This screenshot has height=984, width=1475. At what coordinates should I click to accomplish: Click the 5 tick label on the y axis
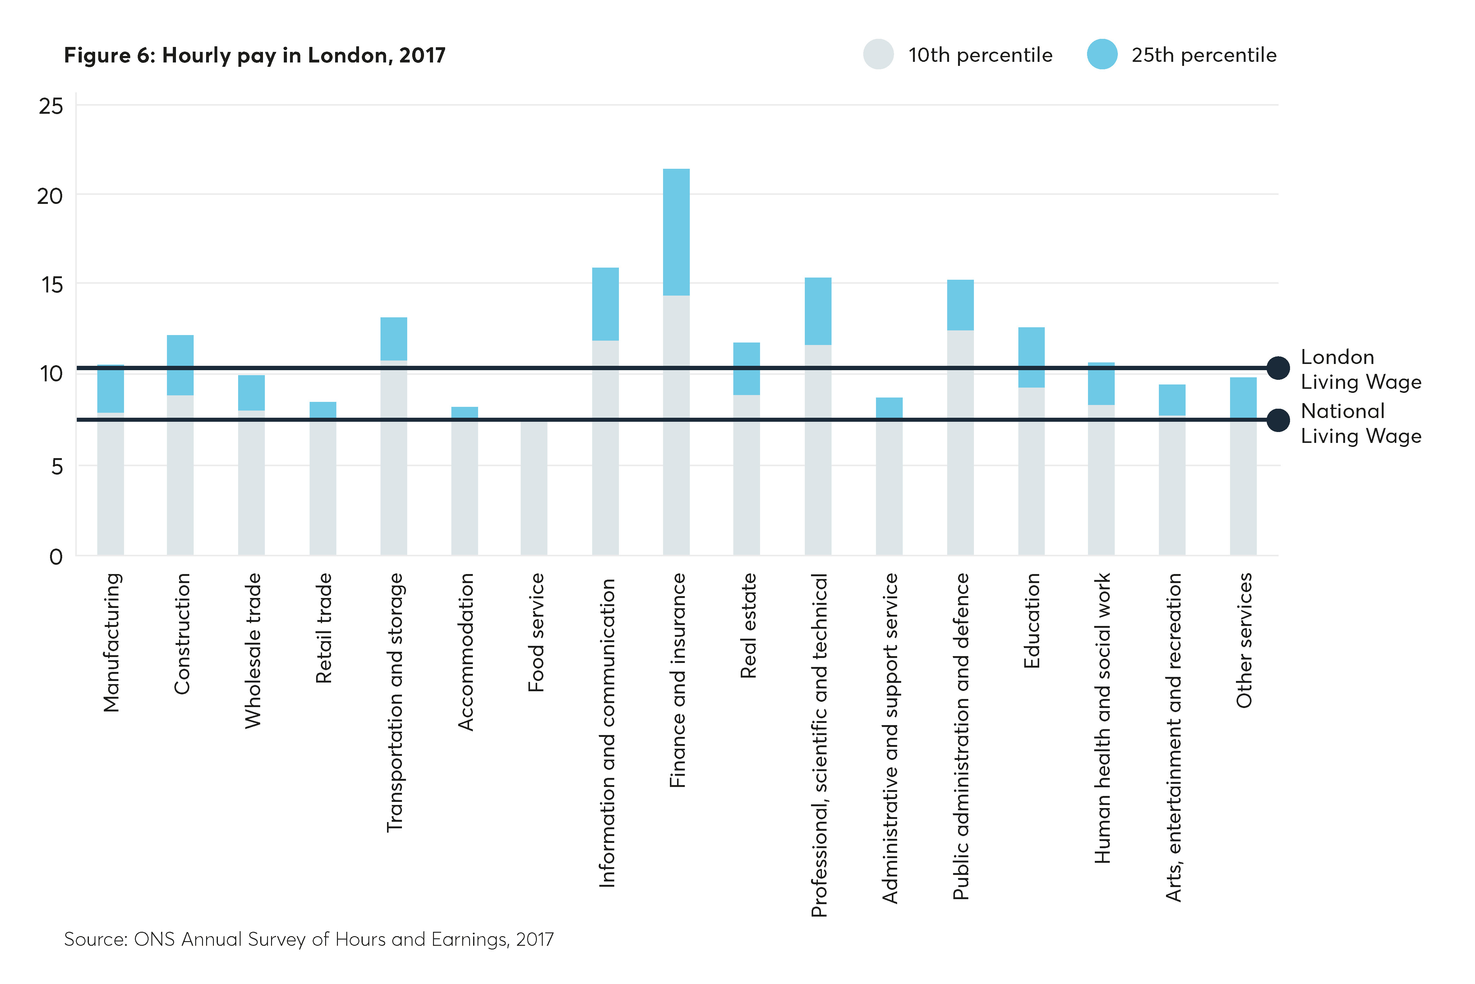[x=57, y=466]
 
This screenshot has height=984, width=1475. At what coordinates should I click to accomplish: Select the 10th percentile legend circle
[x=878, y=55]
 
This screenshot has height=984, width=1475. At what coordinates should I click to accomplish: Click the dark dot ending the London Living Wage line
[x=1278, y=368]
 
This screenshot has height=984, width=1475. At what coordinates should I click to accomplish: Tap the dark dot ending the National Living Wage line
[x=1278, y=420]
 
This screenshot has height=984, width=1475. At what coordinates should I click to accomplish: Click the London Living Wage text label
[x=1360, y=369]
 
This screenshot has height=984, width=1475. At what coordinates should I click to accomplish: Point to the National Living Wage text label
[x=1360, y=423]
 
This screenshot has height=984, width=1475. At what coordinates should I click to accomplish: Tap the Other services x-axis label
[x=1243, y=640]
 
